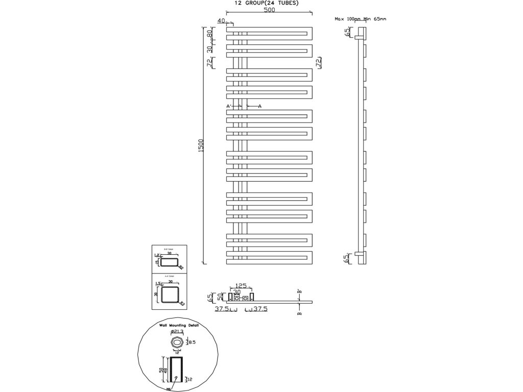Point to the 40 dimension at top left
pyautogui.click(x=221, y=20)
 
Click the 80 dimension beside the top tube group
pyautogui.click(x=209, y=34)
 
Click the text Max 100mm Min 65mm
pyautogui.click(x=361, y=18)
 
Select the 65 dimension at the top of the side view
pyautogui.click(x=347, y=33)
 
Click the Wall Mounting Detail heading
pyautogui.click(x=177, y=325)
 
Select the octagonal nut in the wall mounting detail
pyautogui.click(x=177, y=342)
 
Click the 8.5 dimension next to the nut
pyautogui.click(x=193, y=342)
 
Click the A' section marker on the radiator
pyautogui.click(x=229, y=106)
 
